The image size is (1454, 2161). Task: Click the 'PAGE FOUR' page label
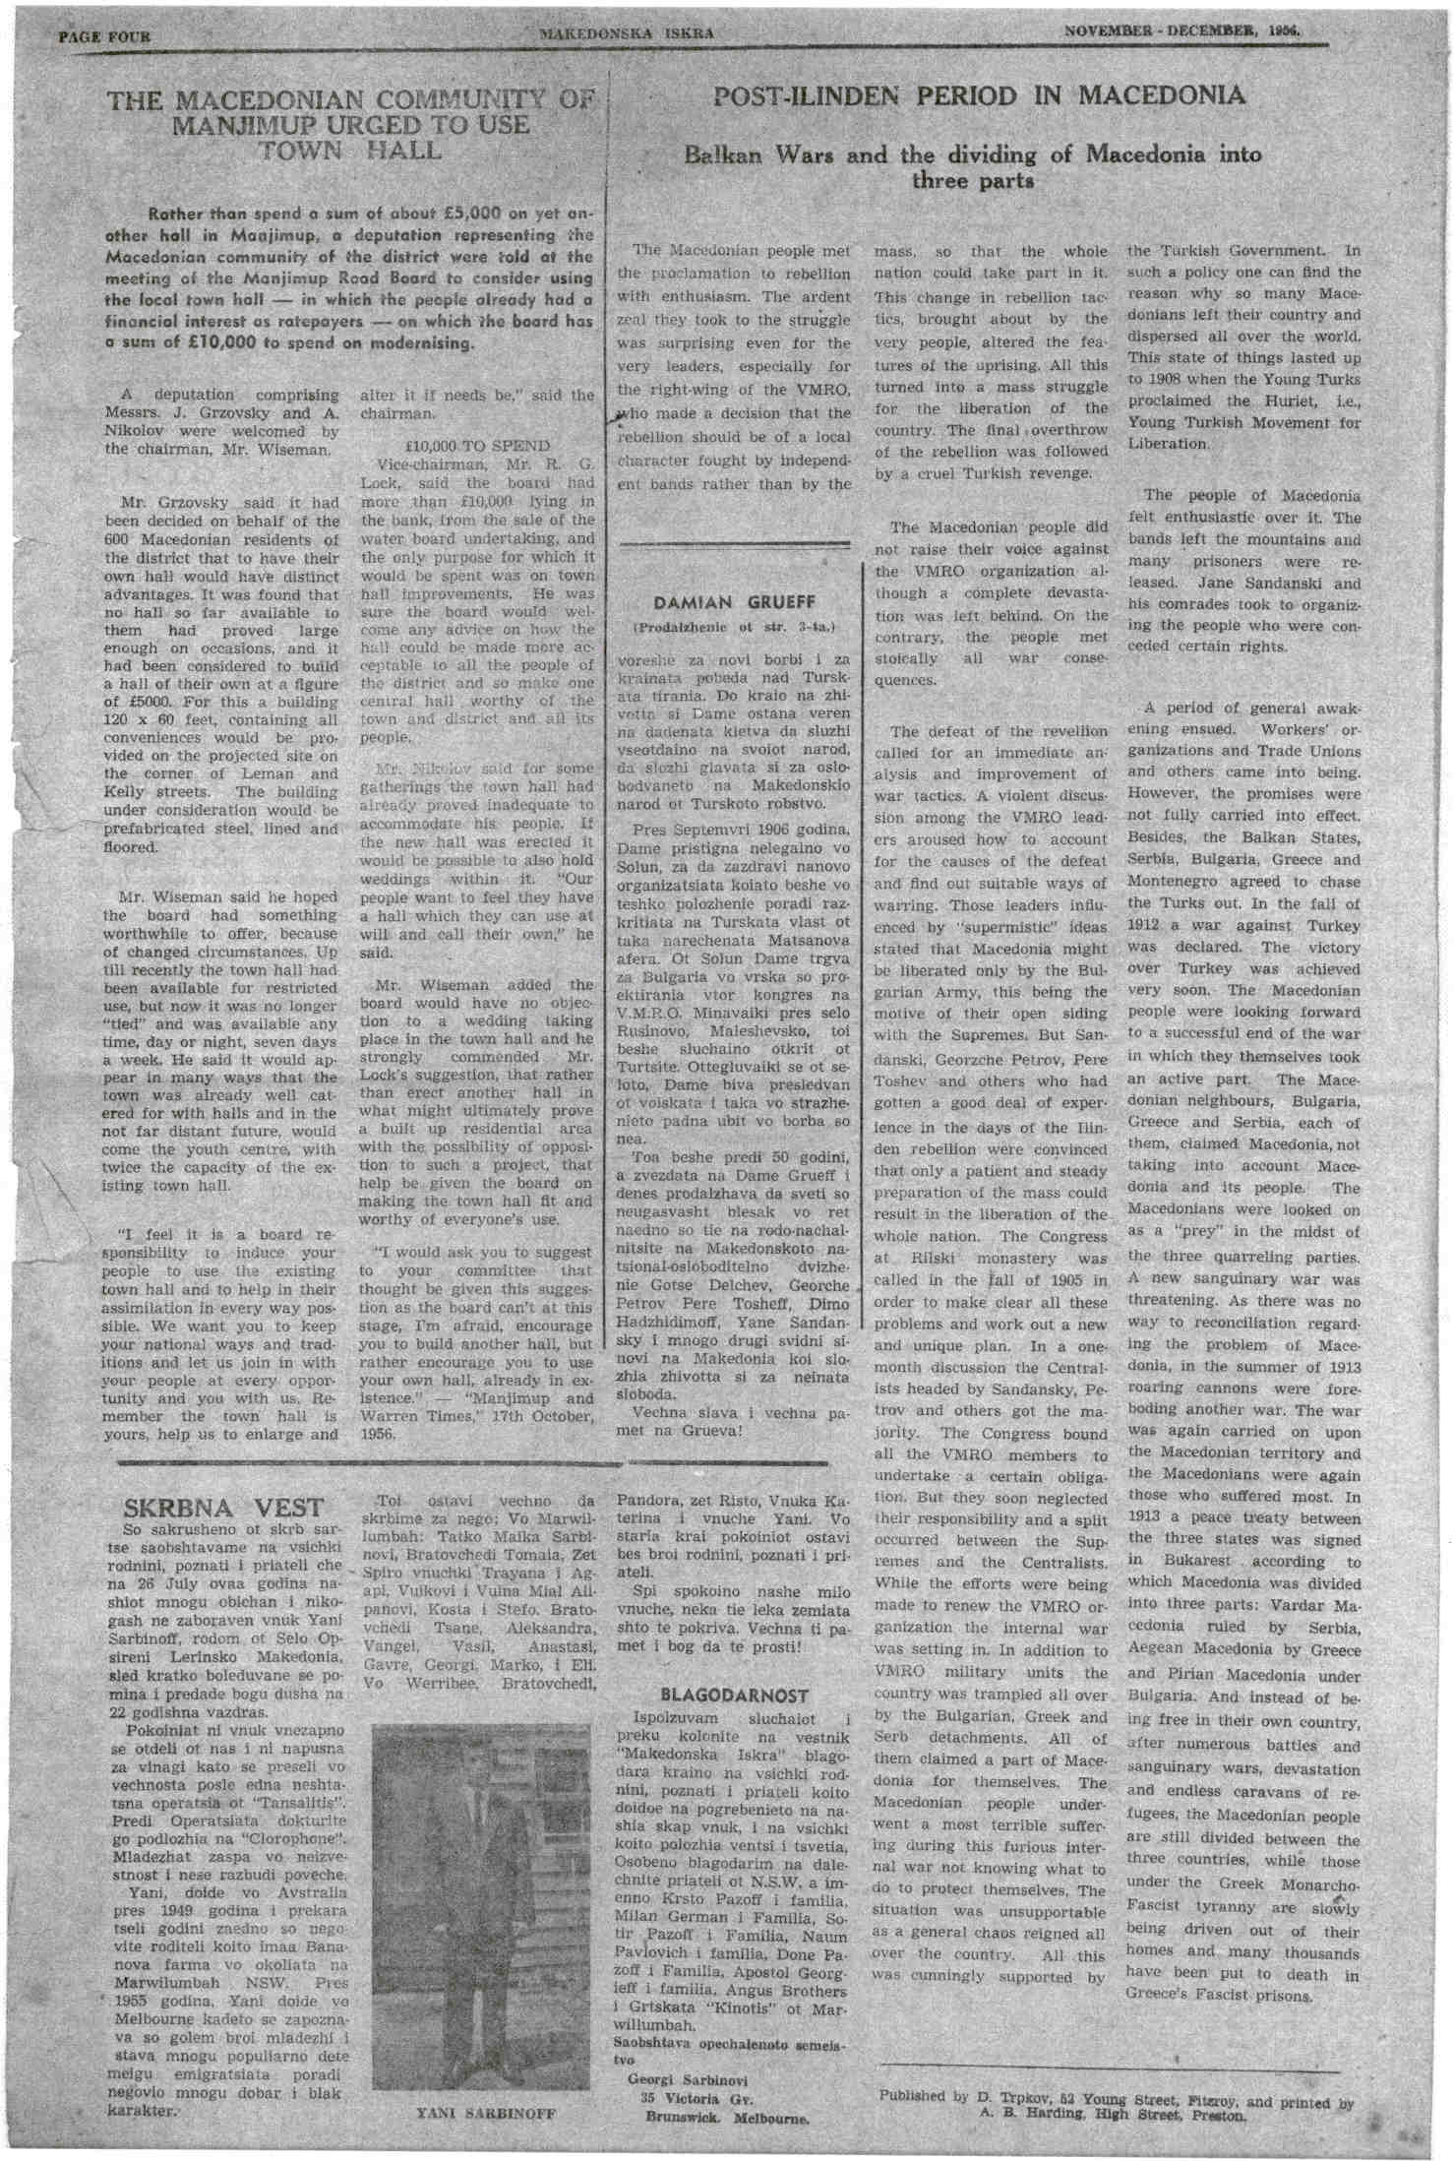pyautogui.click(x=104, y=37)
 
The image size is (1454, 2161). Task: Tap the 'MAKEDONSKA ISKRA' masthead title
pyautogui.click(x=627, y=33)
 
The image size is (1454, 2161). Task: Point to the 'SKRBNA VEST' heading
pyautogui.click(x=223, y=1508)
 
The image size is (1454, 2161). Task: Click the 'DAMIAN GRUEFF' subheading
pyautogui.click(x=734, y=602)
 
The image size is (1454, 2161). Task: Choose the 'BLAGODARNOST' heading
pyautogui.click(x=735, y=1696)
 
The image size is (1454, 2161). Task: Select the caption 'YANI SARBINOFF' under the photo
pyautogui.click(x=486, y=2114)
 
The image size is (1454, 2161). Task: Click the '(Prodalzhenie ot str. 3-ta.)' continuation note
pyautogui.click(x=734, y=627)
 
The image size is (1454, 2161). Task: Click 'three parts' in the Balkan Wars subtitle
pyautogui.click(x=972, y=181)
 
